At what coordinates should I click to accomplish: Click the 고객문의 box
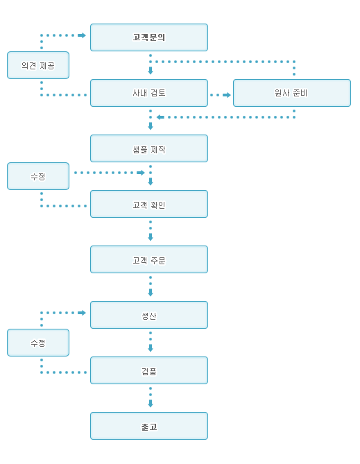point(149,37)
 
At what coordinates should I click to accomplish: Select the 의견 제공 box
point(38,65)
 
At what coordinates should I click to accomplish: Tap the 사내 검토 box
point(149,93)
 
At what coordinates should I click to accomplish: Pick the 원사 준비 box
point(292,93)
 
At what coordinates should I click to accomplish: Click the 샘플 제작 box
point(149,148)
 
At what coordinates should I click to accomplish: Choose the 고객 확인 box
point(149,204)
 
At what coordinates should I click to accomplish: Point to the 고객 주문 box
point(149,259)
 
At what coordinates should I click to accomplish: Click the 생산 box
point(149,315)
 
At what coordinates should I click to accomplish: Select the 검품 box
point(149,370)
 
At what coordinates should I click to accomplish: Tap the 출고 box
point(149,426)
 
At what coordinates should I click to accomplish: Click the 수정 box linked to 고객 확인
point(38,176)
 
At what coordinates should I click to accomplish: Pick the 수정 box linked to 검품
point(38,343)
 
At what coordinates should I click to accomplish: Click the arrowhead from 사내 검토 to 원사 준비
point(227,95)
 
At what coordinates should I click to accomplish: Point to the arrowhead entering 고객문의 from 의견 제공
point(82,35)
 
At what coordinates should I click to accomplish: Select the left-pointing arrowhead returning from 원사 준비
point(160,117)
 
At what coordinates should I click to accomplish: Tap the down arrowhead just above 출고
point(151,404)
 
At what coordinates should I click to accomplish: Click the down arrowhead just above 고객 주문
point(151,237)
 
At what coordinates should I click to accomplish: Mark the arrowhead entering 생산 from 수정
point(82,313)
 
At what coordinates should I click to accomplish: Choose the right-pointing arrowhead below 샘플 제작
point(141,173)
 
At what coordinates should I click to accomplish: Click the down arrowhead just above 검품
point(151,348)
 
